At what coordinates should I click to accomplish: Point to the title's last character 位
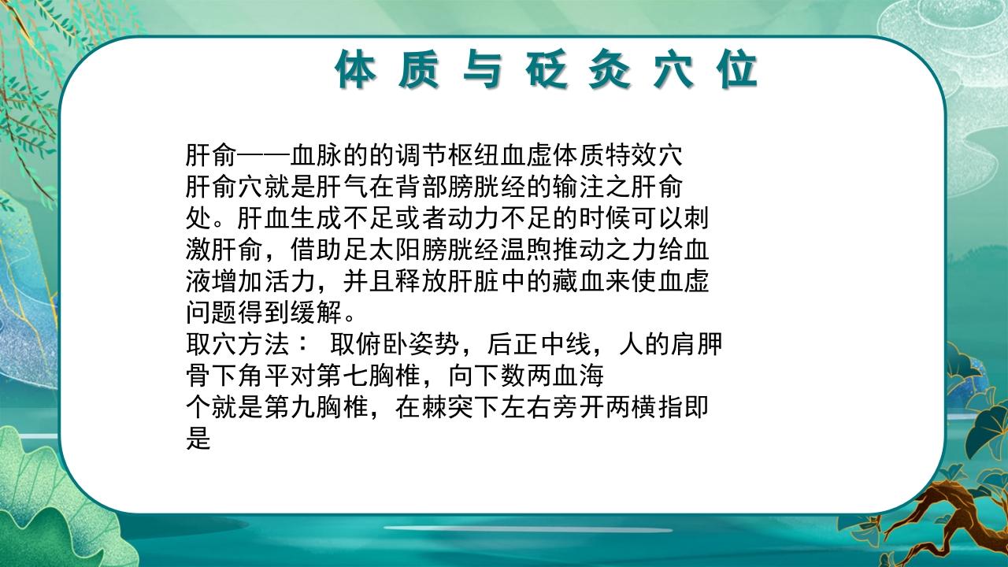pos(737,71)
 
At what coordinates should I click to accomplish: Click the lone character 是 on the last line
pos(198,439)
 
